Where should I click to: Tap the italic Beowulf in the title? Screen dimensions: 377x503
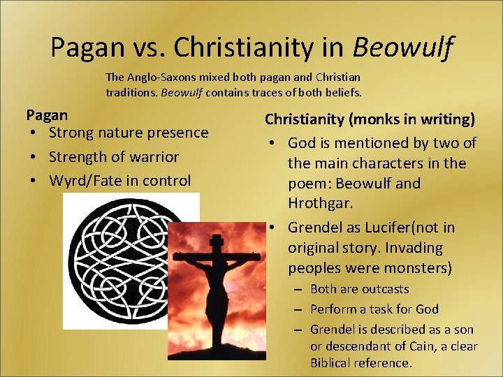pyautogui.click(x=403, y=47)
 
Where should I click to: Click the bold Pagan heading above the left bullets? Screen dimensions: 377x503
pyautogui.click(x=47, y=114)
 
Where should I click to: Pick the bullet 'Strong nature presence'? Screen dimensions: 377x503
pyautogui.click(x=129, y=133)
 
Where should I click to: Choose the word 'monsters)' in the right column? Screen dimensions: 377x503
pyautogui.click(x=419, y=268)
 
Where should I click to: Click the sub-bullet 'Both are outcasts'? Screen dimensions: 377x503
pyautogui.click(x=359, y=289)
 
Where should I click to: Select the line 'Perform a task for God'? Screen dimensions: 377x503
pyautogui.click(x=374, y=309)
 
